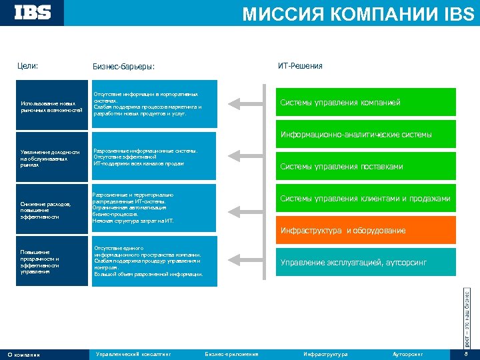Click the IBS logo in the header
click(33, 13)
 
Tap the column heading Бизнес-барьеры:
click(123, 67)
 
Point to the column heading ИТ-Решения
click(300, 66)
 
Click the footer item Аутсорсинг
click(408, 354)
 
